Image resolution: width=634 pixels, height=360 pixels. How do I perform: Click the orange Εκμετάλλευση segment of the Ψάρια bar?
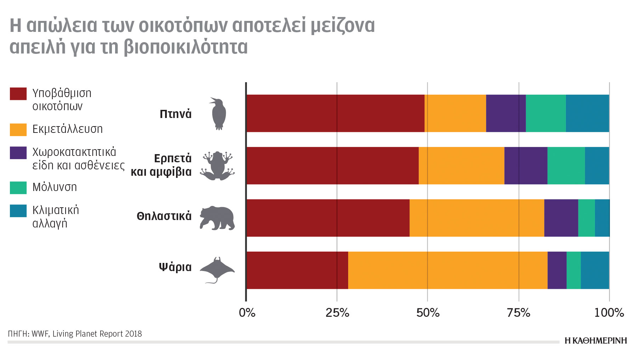(x=447, y=270)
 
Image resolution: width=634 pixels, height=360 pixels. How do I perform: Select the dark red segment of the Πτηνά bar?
(x=335, y=113)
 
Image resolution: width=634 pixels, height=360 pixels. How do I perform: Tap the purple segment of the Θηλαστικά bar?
(x=561, y=218)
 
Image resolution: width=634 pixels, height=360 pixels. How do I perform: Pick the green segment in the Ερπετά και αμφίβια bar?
(x=566, y=165)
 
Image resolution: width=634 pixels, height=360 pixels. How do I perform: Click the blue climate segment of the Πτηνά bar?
(x=587, y=113)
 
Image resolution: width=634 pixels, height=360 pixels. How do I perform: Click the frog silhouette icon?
(x=217, y=165)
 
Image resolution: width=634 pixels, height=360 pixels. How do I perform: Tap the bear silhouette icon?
(x=217, y=218)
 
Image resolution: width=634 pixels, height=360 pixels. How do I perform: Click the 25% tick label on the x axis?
(x=337, y=313)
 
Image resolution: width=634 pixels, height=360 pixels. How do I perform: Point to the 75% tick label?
(x=518, y=313)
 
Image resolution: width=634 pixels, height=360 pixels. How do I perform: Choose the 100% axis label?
(x=608, y=313)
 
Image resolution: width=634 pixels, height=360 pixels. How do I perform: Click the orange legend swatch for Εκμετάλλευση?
(x=18, y=130)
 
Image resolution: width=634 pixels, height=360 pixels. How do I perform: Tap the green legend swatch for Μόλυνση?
(x=18, y=188)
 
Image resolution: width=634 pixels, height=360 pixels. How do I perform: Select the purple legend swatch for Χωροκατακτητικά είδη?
(x=18, y=153)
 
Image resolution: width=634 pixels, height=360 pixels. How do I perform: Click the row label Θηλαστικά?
(x=164, y=216)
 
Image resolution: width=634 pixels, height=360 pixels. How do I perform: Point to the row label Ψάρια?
(x=175, y=267)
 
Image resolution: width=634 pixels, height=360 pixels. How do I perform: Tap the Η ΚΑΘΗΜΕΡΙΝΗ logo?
(x=595, y=341)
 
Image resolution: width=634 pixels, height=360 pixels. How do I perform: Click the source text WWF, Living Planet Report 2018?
(x=86, y=334)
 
